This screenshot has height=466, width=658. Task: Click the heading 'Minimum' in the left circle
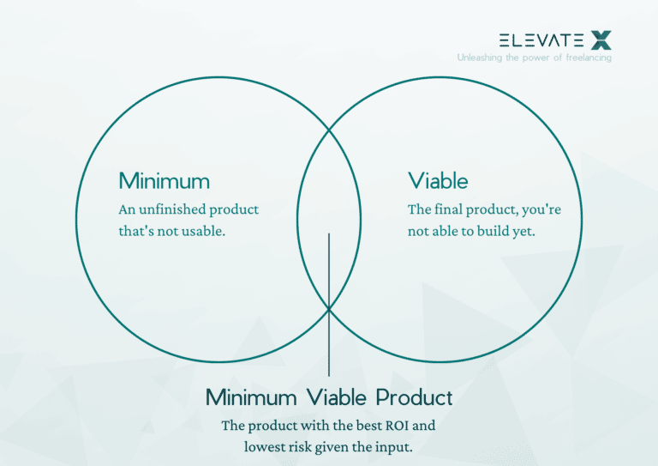pyautogui.click(x=164, y=181)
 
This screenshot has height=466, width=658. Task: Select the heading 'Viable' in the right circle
pyautogui.click(x=438, y=181)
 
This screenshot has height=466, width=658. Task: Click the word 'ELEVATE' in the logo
pyautogui.click(x=541, y=39)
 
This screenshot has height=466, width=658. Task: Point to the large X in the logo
pyautogui.click(x=601, y=39)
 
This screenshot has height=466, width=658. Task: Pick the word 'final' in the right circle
pyautogui.click(x=448, y=209)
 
